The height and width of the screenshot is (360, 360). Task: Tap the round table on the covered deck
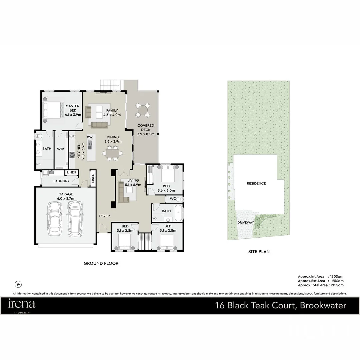[x=143, y=110]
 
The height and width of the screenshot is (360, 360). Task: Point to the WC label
[x=173, y=199]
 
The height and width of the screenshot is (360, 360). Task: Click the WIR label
[x=61, y=149]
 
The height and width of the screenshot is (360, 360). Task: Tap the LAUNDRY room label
[x=61, y=181]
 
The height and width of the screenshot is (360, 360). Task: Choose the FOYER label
[x=104, y=216]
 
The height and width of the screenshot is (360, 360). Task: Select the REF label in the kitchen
[x=72, y=136]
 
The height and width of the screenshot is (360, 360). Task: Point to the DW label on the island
[x=89, y=137]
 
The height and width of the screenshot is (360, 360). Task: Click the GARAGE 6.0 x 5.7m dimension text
[x=65, y=199]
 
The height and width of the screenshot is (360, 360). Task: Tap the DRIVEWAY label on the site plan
[x=246, y=222]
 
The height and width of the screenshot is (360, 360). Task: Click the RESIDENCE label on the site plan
[x=256, y=183]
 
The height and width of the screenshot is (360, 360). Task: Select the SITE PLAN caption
[x=259, y=252]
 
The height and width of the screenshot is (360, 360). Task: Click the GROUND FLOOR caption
[x=101, y=263]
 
